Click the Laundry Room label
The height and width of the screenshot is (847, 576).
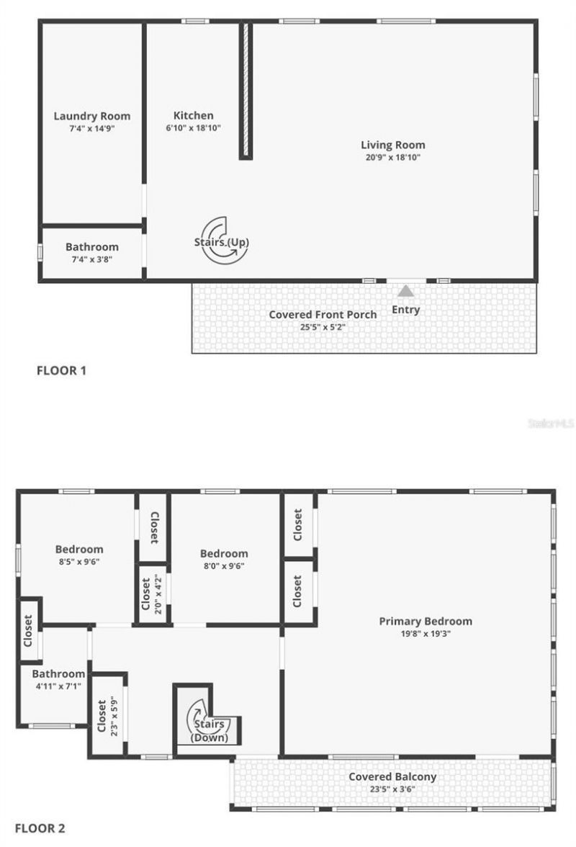click(92, 116)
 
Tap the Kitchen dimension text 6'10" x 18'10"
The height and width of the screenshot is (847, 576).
click(193, 127)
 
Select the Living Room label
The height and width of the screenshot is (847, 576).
click(392, 145)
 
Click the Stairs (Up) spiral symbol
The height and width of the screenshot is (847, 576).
click(221, 241)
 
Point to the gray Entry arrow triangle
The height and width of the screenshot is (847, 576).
click(406, 291)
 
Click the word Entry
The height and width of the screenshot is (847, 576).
click(405, 310)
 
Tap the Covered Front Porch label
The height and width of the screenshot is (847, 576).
click(323, 315)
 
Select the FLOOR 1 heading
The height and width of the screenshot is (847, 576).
click(61, 372)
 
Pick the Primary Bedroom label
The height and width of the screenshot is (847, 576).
click(426, 621)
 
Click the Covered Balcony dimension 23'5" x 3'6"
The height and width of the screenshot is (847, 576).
click(392, 789)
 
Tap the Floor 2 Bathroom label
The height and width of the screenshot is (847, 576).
click(58, 674)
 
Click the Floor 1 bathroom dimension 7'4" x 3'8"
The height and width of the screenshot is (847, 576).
click(92, 259)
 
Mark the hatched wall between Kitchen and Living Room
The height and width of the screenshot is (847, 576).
click(246, 90)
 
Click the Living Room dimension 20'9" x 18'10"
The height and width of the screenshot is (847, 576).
click(392, 156)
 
